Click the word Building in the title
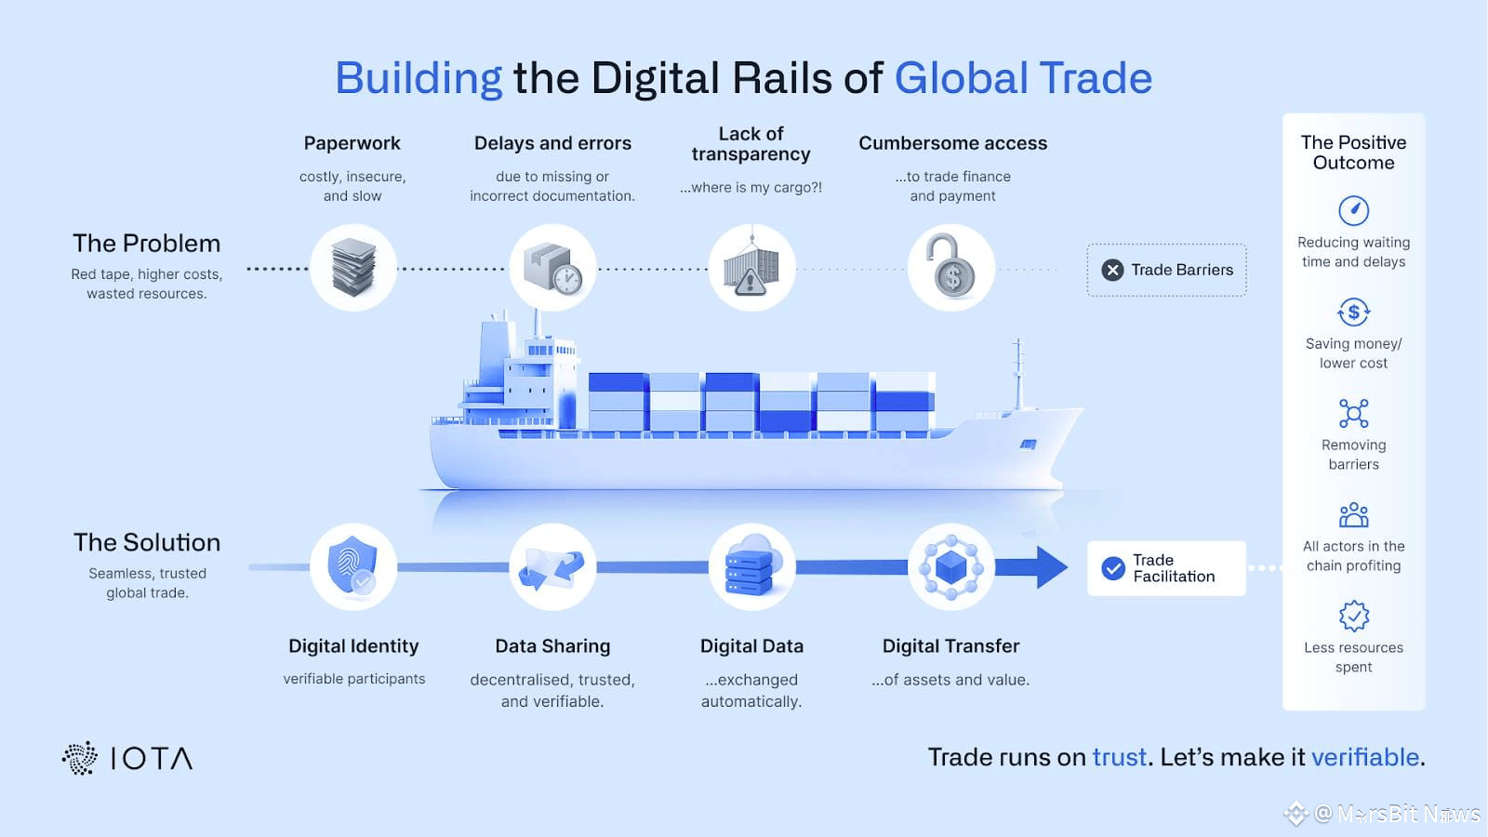click(x=418, y=78)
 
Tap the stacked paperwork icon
click(x=353, y=268)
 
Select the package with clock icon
click(x=552, y=268)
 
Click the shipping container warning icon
click(x=751, y=268)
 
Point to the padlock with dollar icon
click(x=950, y=268)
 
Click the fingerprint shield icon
click(x=353, y=566)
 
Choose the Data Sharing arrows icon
click(x=552, y=566)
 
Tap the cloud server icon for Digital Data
click(x=751, y=566)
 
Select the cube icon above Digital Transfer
click(x=950, y=566)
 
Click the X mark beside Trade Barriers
click(x=1112, y=270)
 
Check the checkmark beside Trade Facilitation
click(x=1113, y=568)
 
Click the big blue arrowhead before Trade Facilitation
click(x=1051, y=566)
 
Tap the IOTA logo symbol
click(x=80, y=758)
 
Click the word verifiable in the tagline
click(x=1364, y=757)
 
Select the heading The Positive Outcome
click(x=1353, y=153)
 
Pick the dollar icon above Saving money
click(x=1353, y=312)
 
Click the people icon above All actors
click(x=1353, y=514)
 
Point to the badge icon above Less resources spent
click(x=1353, y=616)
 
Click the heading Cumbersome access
click(x=952, y=143)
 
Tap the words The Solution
click(x=147, y=542)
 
